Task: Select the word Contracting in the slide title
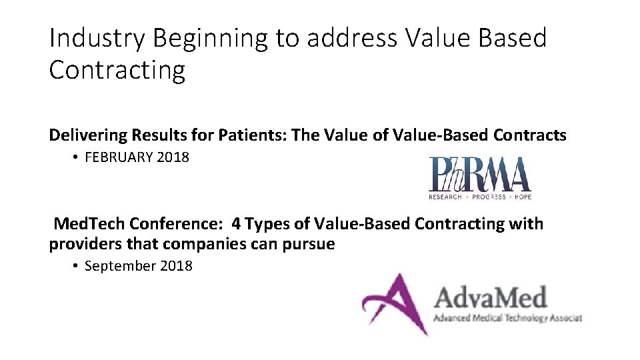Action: click(x=117, y=69)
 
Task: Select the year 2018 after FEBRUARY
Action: click(x=171, y=157)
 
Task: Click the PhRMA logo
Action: click(x=479, y=175)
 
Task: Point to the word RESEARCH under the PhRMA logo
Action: click(x=445, y=197)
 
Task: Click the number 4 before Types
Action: click(x=236, y=223)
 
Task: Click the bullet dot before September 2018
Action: click(x=76, y=265)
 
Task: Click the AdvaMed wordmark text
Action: click(x=490, y=297)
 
